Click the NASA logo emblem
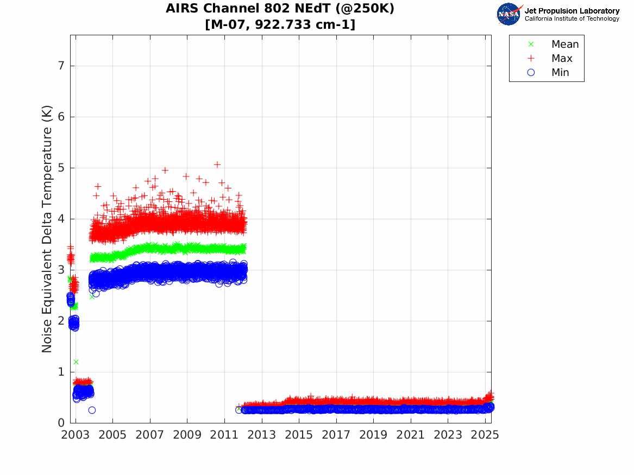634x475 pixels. click(x=509, y=14)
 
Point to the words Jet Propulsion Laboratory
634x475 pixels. click(x=572, y=11)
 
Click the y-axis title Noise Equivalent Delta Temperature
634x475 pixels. click(x=47, y=230)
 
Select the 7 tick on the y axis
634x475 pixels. click(x=61, y=66)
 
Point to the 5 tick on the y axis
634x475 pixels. click(x=61, y=168)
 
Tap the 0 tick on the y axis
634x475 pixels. click(x=61, y=423)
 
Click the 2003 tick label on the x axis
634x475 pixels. click(x=75, y=435)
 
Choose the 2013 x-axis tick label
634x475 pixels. click(x=261, y=435)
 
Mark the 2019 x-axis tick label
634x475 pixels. click(x=373, y=435)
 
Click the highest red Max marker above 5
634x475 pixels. click(x=217, y=164)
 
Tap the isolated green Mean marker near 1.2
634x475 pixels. click(x=76, y=362)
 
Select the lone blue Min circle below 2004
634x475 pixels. click(x=92, y=410)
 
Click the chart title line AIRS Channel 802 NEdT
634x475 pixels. click(x=280, y=9)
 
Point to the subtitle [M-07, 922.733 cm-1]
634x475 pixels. click(x=280, y=24)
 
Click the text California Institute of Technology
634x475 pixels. click(x=572, y=19)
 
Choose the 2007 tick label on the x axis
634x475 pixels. click(x=149, y=435)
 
